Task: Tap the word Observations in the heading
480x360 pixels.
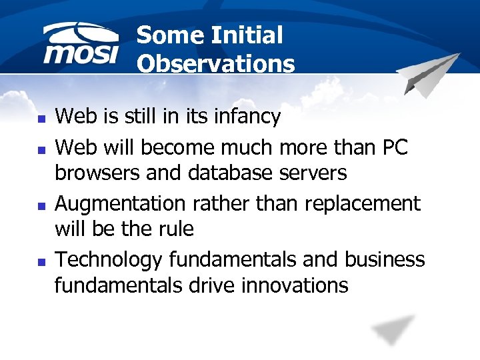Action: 215,64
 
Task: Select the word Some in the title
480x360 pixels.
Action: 166,35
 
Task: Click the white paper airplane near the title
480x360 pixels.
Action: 430,75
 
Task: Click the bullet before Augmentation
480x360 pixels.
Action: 41,203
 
